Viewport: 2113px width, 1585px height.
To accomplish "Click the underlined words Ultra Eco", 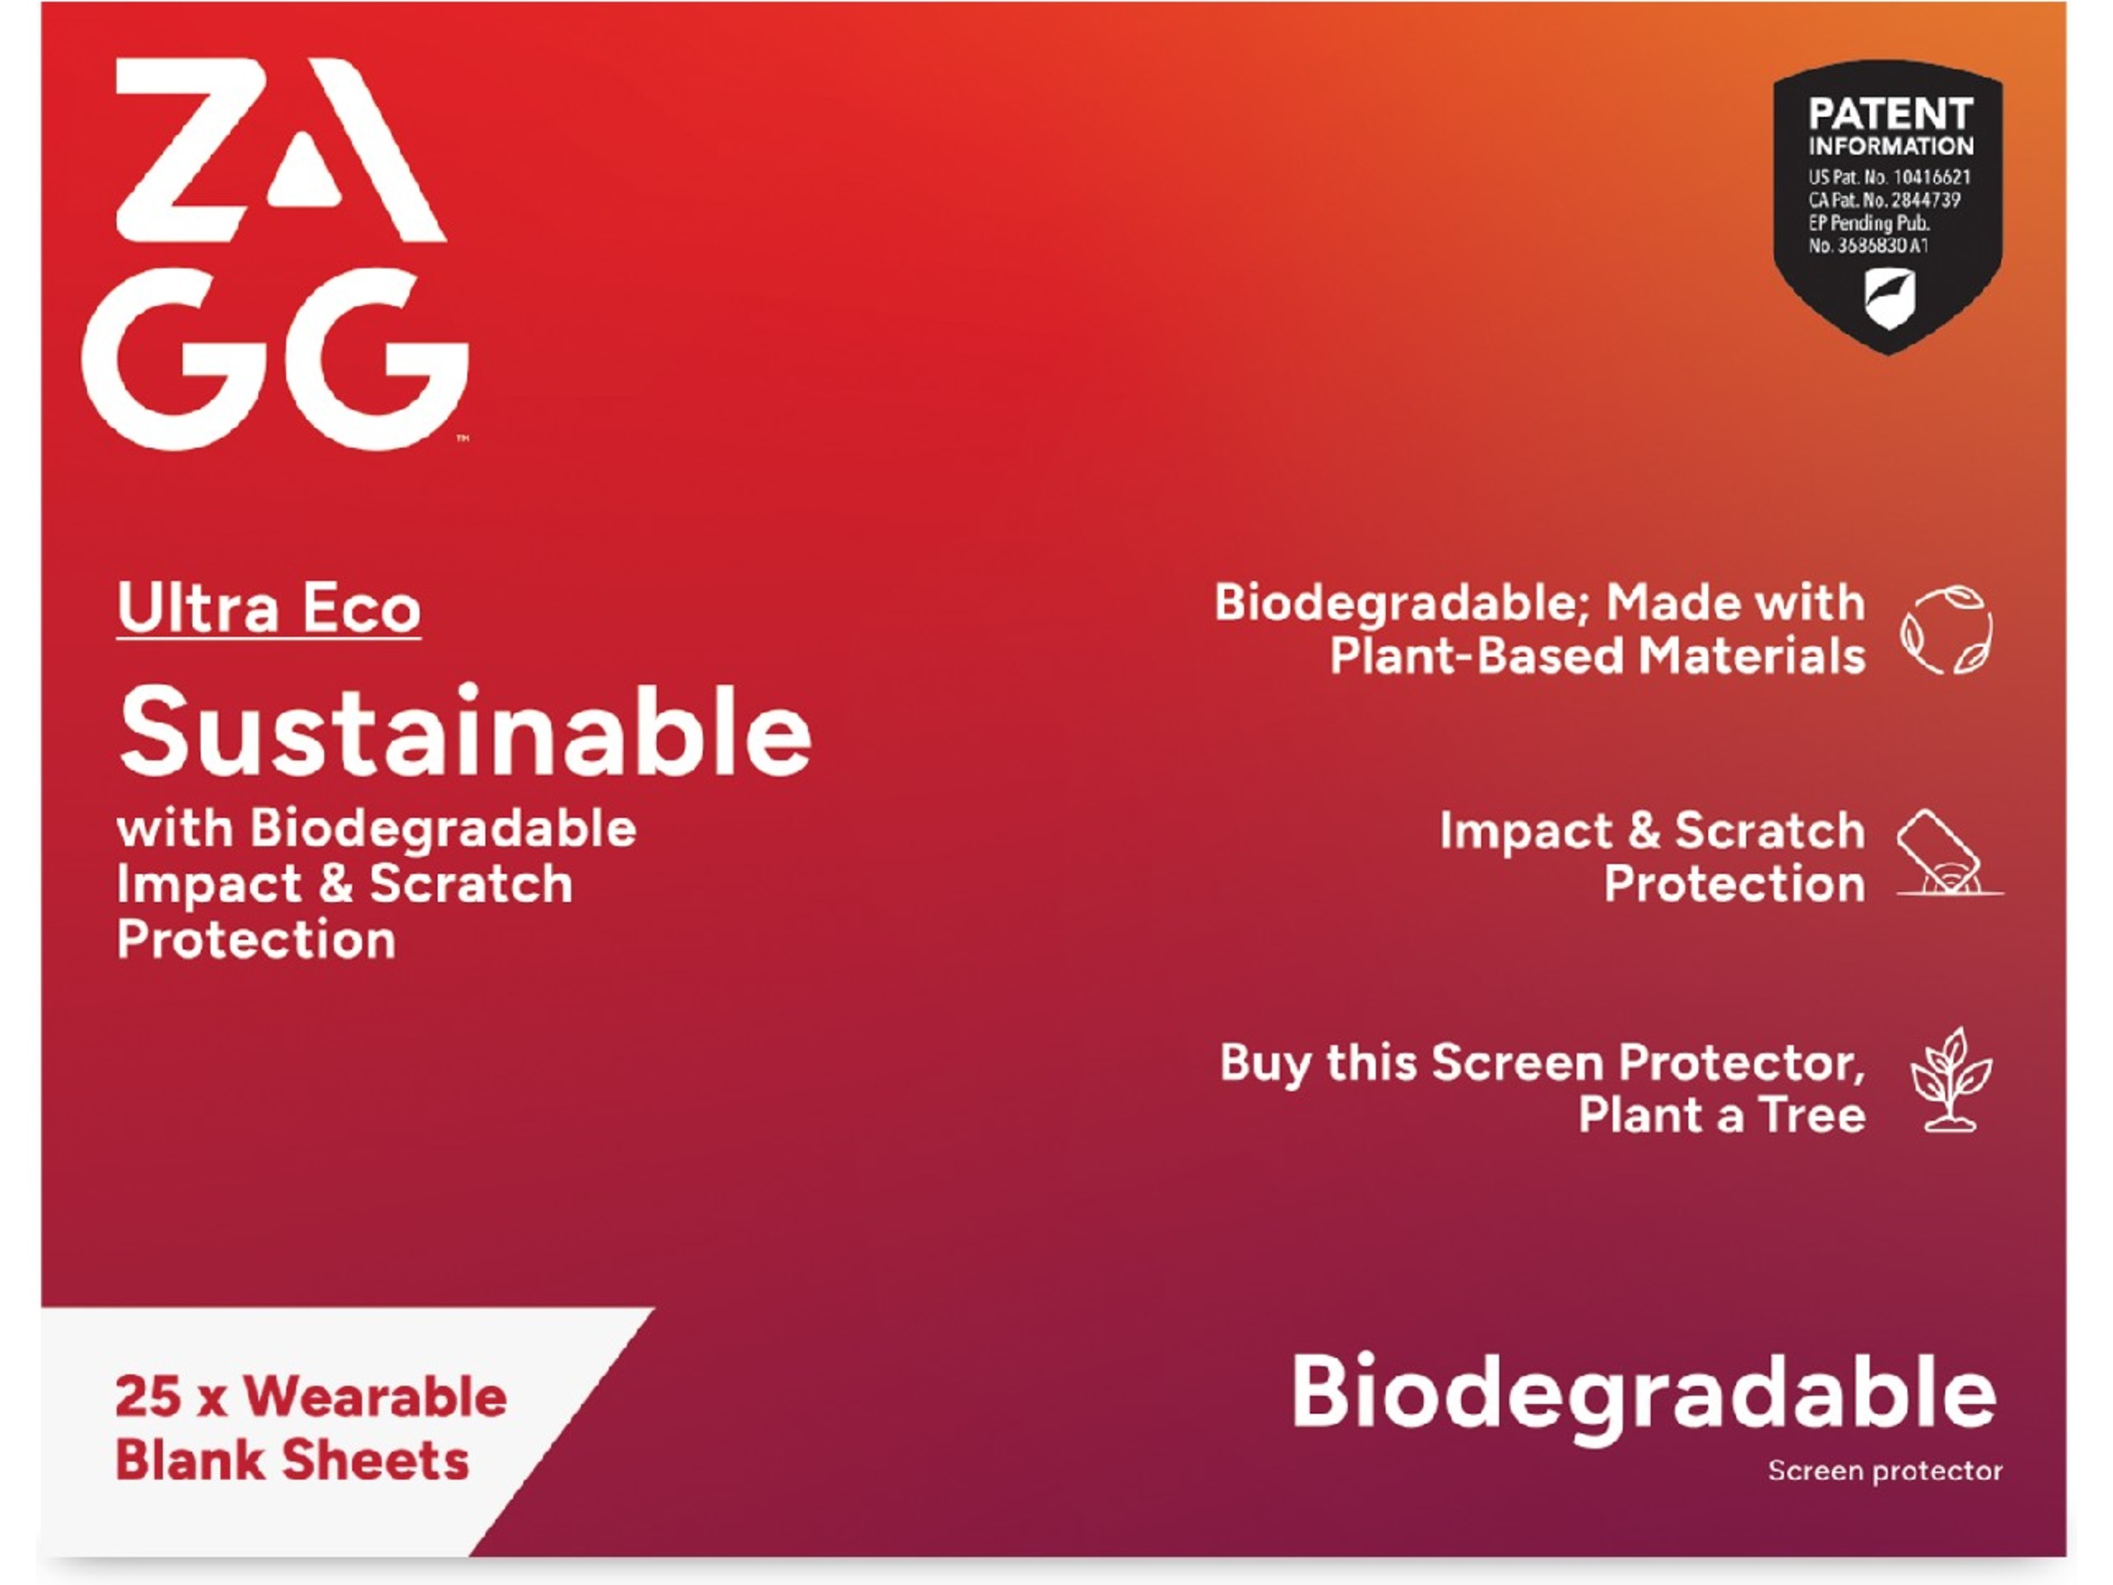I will (x=269, y=608).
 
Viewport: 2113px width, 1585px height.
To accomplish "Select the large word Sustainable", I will (x=465, y=734).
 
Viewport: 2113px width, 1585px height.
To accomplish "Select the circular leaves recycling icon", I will (x=1946, y=630).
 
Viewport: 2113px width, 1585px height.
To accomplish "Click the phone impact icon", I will (x=1945, y=853).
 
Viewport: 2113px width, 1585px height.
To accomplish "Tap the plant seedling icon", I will (x=1951, y=1080).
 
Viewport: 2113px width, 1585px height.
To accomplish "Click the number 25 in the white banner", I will (x=148, y=1397).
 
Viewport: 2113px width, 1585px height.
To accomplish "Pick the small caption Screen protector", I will (x=1884, y=1471).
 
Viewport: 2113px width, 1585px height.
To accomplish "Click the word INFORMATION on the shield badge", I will (x=1889, y=146).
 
